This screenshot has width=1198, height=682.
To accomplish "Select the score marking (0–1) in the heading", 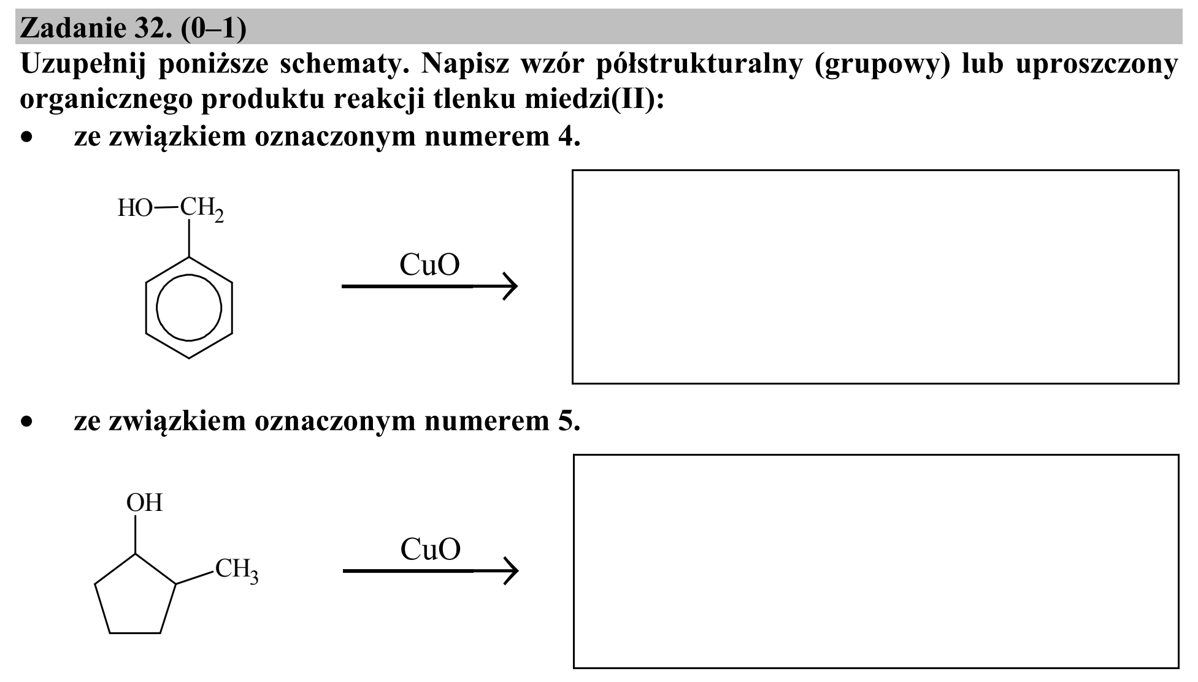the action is pyautogui.click(x=213, y=28).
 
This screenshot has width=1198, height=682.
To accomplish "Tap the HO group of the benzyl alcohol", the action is pyautogui.click(x=135, y=209).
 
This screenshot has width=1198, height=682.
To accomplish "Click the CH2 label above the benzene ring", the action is pyautogui.click(x=201, y=209).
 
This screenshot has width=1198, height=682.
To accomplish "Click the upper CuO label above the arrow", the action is pyautogui.click(x=429, y=266).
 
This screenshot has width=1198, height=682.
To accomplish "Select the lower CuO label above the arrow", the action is pyautogui.click(x=431, y=550).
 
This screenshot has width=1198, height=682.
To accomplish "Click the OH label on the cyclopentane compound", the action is pyautogui.click(x=145, y=503).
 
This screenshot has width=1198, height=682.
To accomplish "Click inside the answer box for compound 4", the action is pyautogui.click(x=875, y=277).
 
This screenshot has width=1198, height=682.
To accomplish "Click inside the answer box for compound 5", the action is pyautogui.click(x=876, y=561).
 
